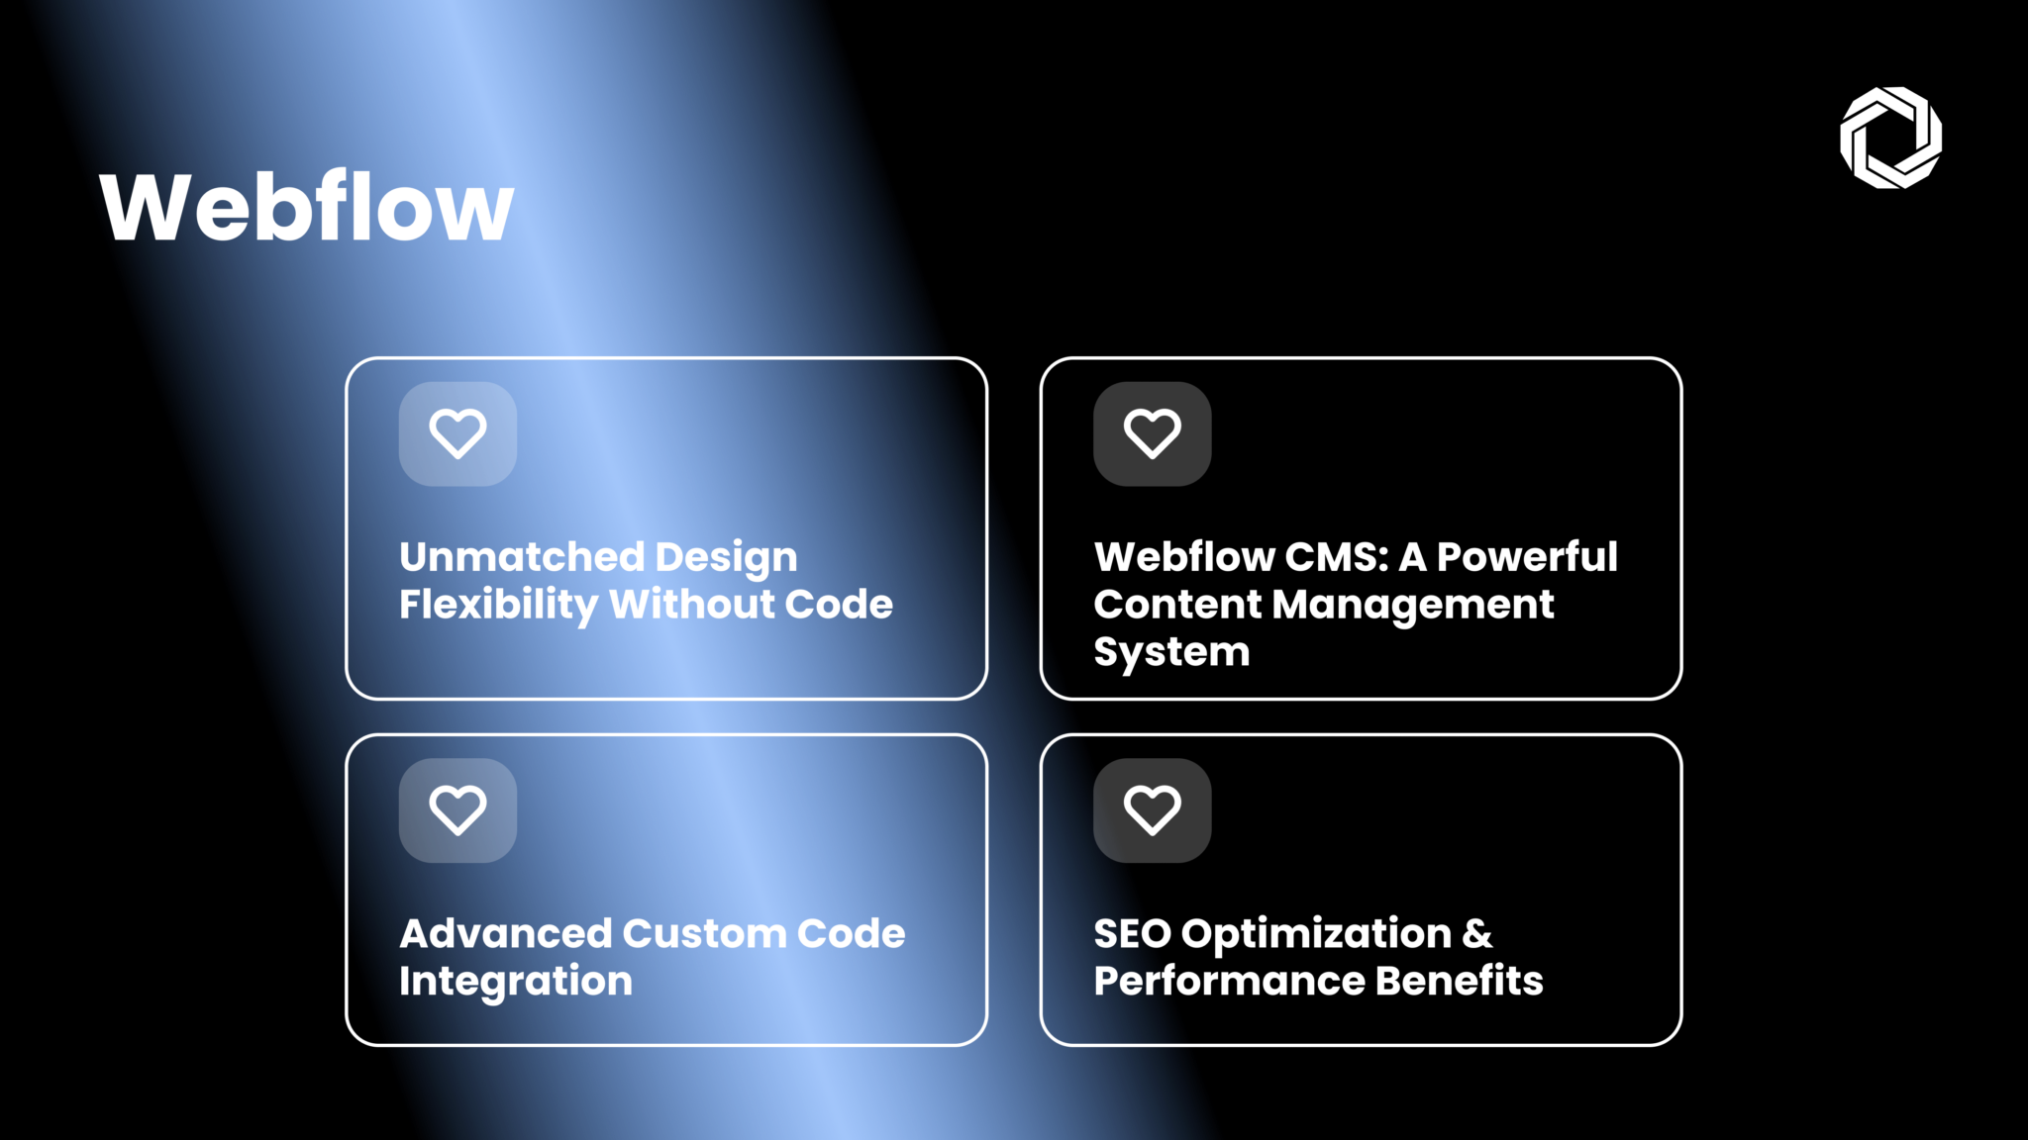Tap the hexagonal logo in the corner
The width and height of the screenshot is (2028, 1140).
(1890, 138)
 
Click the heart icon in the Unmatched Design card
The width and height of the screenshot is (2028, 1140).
(457, 433)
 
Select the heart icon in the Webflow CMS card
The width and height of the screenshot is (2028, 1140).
(1152, 433)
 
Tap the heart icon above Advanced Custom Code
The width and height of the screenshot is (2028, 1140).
(457, 809)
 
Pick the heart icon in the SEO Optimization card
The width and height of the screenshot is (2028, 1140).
(1152, 809)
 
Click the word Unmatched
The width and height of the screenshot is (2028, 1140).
(521, 557)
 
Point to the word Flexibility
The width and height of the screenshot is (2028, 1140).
(498, 605)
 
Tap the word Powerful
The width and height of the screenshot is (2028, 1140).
(1526, 557)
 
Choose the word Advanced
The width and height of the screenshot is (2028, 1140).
(505, 933)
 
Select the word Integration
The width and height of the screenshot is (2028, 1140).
(515, 981)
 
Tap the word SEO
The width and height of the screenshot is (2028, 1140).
(1132, 933)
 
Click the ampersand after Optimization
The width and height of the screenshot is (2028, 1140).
(1476, 933)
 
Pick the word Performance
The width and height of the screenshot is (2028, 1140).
(1228, 981)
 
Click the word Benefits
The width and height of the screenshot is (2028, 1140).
(1459, 981)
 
